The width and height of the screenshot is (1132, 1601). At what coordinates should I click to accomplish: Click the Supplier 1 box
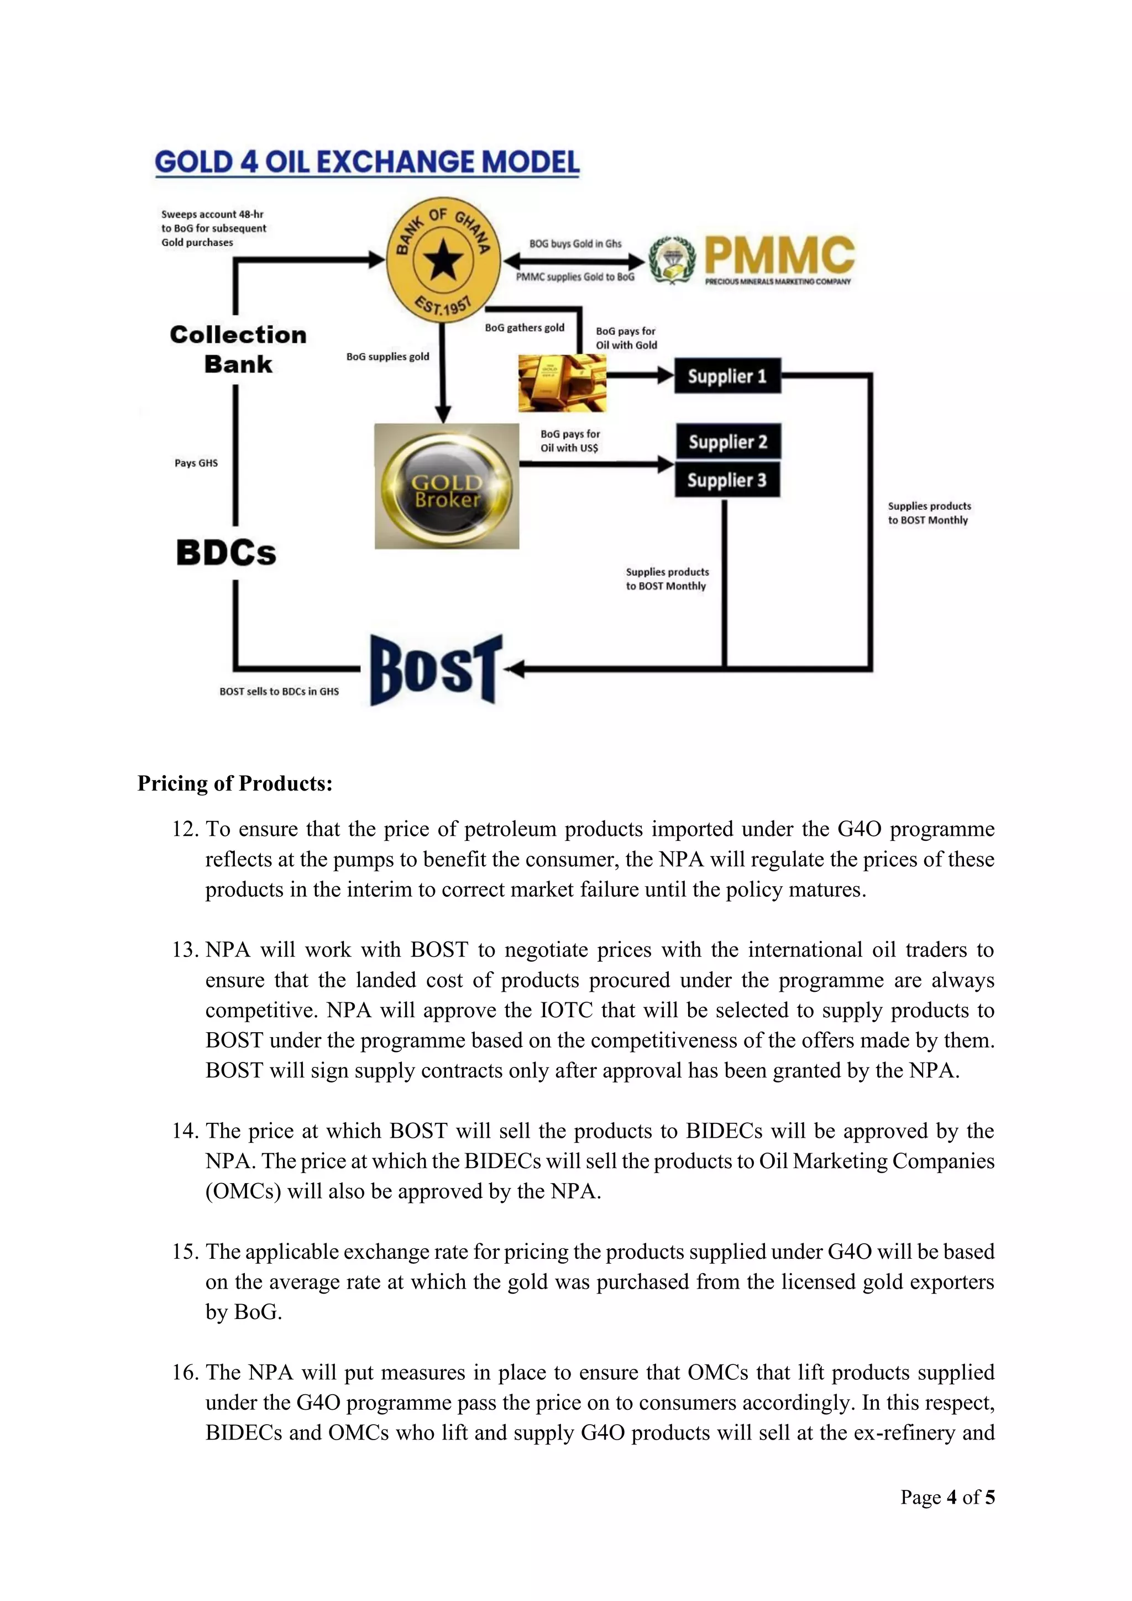(x=727, y=376)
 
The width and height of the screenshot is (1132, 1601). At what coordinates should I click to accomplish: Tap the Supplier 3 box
(x=727, y=480)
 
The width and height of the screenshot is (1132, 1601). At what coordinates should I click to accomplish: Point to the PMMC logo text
(x=779, y=255)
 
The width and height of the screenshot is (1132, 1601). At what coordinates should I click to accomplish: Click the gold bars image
(x=562, y=383)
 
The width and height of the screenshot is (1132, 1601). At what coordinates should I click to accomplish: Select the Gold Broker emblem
(x=447, y=486)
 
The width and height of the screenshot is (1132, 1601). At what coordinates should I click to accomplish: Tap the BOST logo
(x=435, y=669)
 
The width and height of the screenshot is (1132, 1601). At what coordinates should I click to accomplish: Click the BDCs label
(x=226, y=553)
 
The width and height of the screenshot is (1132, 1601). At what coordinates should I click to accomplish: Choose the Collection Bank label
(x=238, y=349)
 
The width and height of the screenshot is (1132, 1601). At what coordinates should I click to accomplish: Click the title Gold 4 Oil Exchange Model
(x=366, y=162)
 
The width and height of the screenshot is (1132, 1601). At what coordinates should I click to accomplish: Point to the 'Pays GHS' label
(x=196, y=463)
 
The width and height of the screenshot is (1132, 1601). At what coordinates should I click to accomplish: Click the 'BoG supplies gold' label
(x=387, y=357)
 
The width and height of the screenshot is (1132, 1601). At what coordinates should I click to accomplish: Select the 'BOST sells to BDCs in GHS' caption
(x=279, y=692)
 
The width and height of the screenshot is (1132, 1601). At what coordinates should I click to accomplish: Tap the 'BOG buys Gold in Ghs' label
(x=575, y=244)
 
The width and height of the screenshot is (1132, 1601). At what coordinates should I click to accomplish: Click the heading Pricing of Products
(x=235, y=783)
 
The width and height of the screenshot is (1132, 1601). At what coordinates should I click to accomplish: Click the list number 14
(x=185, y=1131)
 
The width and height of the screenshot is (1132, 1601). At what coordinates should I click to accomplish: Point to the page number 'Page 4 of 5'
(x=947, y=1497)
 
